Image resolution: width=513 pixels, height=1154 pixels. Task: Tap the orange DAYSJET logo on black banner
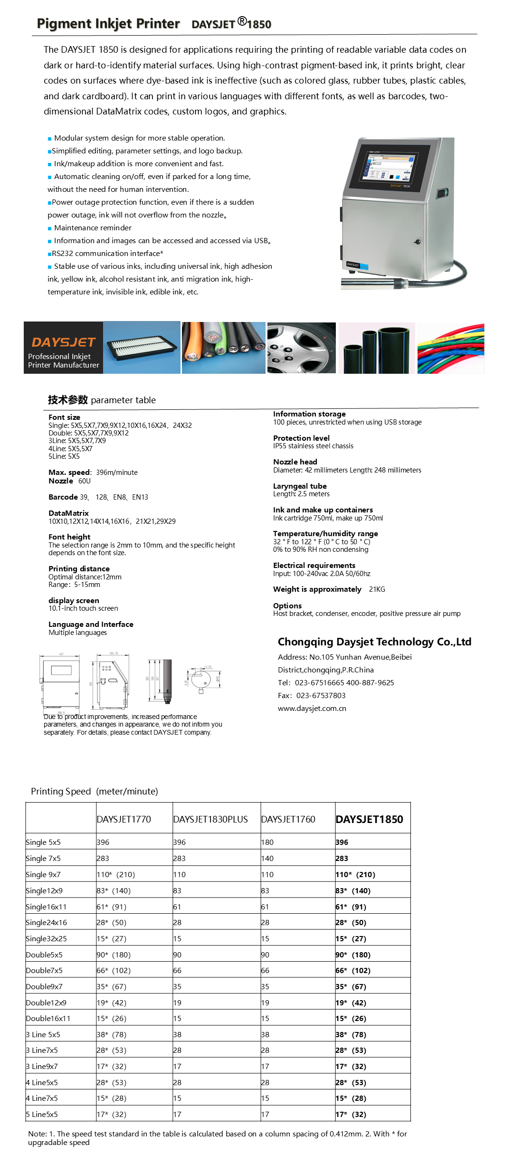coord(64,342)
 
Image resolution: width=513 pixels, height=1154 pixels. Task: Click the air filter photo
coord(142,348)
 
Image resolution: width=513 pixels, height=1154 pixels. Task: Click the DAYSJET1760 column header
coord(288,819)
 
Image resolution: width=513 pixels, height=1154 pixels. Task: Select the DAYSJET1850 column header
coord(369,819)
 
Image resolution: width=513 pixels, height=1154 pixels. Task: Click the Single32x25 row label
coord(46,938)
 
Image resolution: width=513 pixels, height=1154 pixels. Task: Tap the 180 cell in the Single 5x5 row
coord(267,842)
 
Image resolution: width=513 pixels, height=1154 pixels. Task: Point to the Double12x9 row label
coord(46,1003)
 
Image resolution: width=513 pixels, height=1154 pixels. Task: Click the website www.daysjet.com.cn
coord(312,708)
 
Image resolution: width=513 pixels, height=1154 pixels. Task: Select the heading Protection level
coord(301,438)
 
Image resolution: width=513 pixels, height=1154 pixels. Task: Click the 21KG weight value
coord(377,589)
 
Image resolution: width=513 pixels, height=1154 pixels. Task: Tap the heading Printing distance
coord(79,568)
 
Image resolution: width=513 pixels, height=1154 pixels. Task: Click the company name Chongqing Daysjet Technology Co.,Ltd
coord(374,642)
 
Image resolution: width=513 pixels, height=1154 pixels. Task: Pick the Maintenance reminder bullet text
coord(93,228)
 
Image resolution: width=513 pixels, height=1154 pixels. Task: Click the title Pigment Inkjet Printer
coord(108,24)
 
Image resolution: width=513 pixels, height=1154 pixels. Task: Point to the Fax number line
coord(312,695)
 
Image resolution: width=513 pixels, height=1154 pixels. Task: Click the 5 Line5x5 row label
coord(42,1114)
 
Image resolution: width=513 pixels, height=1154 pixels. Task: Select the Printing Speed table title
coord(95,791)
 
